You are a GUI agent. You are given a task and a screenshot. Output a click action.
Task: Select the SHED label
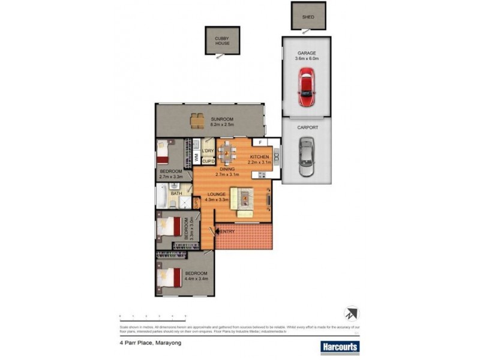[307, 17]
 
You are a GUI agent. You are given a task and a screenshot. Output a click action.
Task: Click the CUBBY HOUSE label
[222, 41]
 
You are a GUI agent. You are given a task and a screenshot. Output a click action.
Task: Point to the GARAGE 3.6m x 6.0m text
[307, 56]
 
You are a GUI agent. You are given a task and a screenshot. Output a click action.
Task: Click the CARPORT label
[307, 128]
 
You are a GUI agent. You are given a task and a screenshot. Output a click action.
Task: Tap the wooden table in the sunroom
[197, 121]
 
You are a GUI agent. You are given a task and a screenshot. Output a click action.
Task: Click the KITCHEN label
[261, 159]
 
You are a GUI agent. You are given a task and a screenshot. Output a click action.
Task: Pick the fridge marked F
[260, 143]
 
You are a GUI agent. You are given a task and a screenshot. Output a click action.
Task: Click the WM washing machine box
[196, 157]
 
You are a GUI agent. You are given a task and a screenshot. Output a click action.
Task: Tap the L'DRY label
[208, 150]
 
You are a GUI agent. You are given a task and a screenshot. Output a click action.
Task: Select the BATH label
[176, 194]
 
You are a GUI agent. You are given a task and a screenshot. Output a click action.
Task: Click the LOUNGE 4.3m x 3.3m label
[216, 197]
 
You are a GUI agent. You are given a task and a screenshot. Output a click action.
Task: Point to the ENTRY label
[227, 232]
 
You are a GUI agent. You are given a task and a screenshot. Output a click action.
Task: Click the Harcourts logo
[338, 347]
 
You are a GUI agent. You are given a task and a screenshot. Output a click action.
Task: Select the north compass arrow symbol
[351, 313]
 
